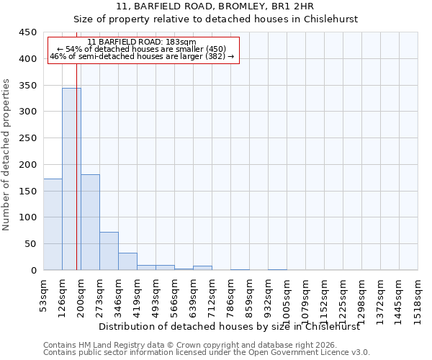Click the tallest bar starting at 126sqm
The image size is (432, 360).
pyautogui.click(x=71, y=179)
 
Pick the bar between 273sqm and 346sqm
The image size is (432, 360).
pyautogui.click(x=109, y=251)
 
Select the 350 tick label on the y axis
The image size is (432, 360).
pyautogui.click(x=27, y=86)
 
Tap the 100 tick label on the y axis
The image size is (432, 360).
pyautogui.click(x=27, y=217)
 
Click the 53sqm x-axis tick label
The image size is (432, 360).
pyautogui.click(x=43, y=295)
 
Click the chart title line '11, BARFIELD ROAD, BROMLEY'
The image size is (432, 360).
pyautogui.click(x=216, y=6)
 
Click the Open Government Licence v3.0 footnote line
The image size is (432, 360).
pyautogui.click(x=207, y=353)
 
